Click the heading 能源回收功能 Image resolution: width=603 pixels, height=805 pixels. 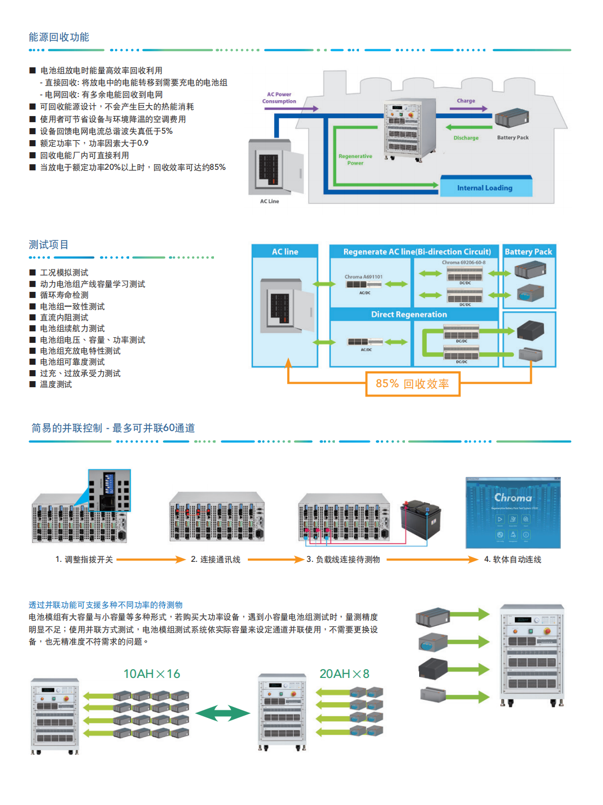(59, 37)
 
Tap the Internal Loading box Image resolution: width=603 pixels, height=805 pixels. (485, 187)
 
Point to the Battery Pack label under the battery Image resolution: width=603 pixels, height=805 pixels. (513, 137)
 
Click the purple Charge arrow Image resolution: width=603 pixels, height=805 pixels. (468, 108)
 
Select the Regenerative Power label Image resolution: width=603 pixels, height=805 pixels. (355, 159)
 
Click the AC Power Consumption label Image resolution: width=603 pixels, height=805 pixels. (279, 97)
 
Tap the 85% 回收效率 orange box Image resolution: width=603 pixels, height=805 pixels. (413, 384)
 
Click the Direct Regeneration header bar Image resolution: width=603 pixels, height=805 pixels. (409, 314)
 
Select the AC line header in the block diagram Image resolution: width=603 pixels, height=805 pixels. (285, 252)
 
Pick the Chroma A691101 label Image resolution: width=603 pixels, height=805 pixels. (363, 277)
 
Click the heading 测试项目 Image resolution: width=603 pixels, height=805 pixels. (49, 245)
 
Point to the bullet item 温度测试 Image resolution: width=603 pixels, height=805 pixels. (56, 384)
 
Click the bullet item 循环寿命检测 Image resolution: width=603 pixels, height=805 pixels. (64, 295)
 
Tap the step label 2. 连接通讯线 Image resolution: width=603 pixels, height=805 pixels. (216, 559)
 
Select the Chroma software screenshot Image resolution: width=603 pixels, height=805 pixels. (513, 513)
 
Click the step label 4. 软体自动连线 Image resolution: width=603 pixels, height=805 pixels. (513, 559)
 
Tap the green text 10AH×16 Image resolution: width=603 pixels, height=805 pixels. (152, 674)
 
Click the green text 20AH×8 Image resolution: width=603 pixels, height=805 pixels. (344, 674)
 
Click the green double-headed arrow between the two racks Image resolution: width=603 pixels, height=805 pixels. (223, 713)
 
